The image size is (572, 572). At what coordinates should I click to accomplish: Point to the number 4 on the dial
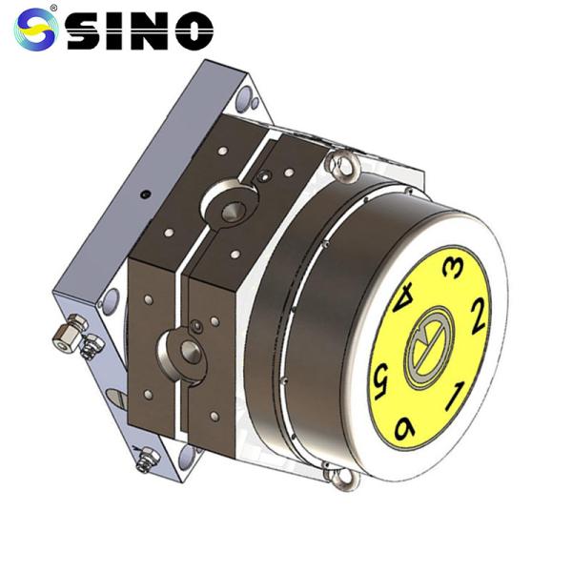(405, 303)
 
